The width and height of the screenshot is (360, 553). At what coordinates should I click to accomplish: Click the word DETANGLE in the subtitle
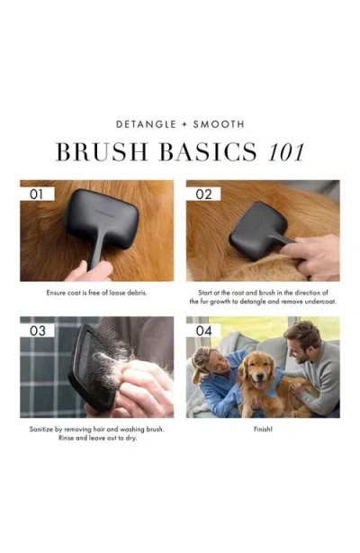pyautogui.click(x=146, y=124)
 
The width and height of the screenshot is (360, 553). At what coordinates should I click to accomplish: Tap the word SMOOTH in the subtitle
pyautogui.click(x=219, y=124)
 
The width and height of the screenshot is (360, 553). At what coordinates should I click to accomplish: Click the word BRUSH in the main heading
pyautogui.click(x=102, y=152)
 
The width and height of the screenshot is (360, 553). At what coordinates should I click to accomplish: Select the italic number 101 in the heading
pyautogui.click(x=286, y=152)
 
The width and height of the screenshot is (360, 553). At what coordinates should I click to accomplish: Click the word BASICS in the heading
pyautogui.click(x=208, y=152)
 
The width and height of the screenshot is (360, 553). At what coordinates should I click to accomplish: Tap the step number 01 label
pyautogui.click(x=36, y=194)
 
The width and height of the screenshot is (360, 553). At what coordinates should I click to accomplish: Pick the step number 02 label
pyautogui.click(x=203, y=195)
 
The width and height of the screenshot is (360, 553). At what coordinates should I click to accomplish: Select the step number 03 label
pyautogui.click(x=38, y=331)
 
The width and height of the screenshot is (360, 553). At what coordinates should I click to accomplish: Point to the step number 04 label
pyautogui.click(x=203, y=331)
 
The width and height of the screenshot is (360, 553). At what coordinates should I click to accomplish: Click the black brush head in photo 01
pyautogui.click(x=102, y=214)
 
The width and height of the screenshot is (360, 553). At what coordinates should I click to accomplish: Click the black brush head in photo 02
pyautogui.click(x=256, y=230)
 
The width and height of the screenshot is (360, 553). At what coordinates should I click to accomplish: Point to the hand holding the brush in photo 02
pyautogui.click(x=311, y=255)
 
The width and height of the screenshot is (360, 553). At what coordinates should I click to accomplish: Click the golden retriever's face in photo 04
pyautogui.click(x=258, y=370)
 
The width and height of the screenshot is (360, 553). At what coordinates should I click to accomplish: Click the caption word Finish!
pyautogui.click(x=263, y=430)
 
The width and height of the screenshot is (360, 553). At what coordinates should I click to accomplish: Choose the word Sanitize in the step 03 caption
pyautogui.click(x=40, y=430)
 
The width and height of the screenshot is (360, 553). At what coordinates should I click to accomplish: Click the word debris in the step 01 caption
pyautogui.click(x=137, y=293)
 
